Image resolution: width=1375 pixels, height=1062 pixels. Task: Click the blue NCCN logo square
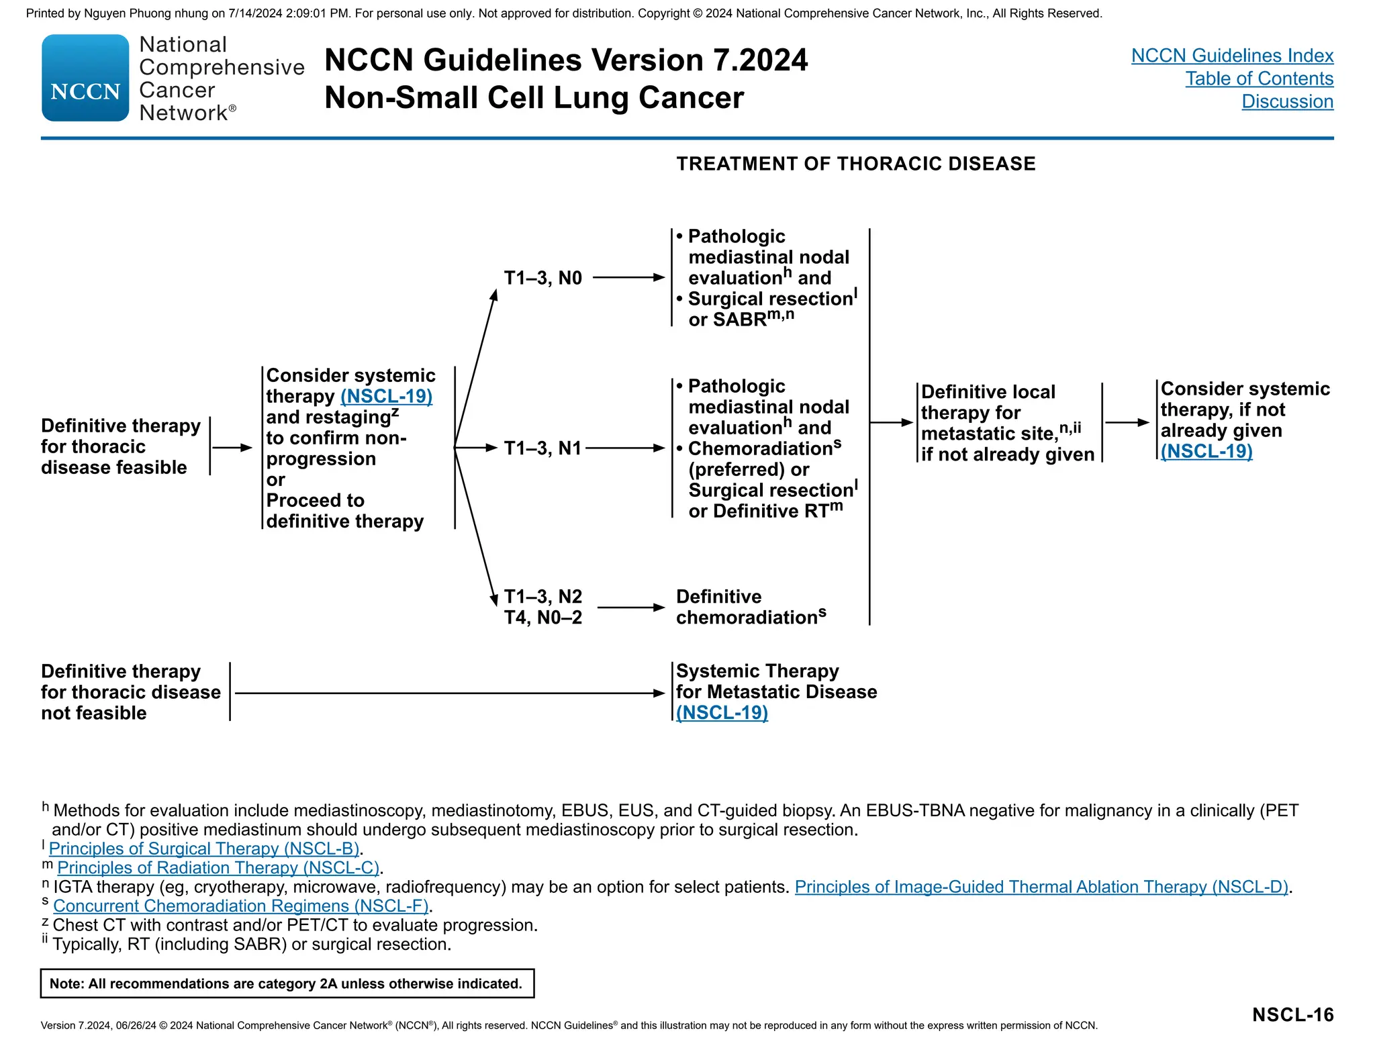(85, 78)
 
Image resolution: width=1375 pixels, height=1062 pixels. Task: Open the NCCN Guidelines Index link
(1232, 56)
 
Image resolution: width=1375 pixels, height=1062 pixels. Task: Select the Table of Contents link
(1259, 79)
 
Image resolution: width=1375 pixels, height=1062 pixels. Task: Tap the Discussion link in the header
(1287, 101)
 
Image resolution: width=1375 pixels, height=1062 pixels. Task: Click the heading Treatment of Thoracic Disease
(855, 164)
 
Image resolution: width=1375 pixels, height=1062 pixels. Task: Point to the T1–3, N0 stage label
(542, 278)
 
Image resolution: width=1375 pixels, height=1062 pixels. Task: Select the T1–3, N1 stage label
(542, 448)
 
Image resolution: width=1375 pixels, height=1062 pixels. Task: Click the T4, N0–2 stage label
(542, 618)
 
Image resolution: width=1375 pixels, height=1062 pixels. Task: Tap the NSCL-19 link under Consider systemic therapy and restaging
(386, 396)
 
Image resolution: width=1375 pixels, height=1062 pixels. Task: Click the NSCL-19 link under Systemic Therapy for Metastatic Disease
(722, 712)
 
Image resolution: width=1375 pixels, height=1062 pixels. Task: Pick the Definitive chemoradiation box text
(751, 607)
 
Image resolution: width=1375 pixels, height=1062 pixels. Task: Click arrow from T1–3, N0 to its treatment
(628, 277)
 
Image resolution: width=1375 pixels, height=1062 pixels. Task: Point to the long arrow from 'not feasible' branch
(450, 693)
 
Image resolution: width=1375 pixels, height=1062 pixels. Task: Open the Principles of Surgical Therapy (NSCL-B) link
(204, 849)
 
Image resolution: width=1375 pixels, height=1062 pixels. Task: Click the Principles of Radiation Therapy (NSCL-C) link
(218, 867)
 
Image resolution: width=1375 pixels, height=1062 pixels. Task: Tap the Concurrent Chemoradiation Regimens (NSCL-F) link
(240, 906)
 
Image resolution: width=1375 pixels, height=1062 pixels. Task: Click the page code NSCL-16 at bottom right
(1292, 1014)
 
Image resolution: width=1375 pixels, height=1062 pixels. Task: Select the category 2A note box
(287, 983)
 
